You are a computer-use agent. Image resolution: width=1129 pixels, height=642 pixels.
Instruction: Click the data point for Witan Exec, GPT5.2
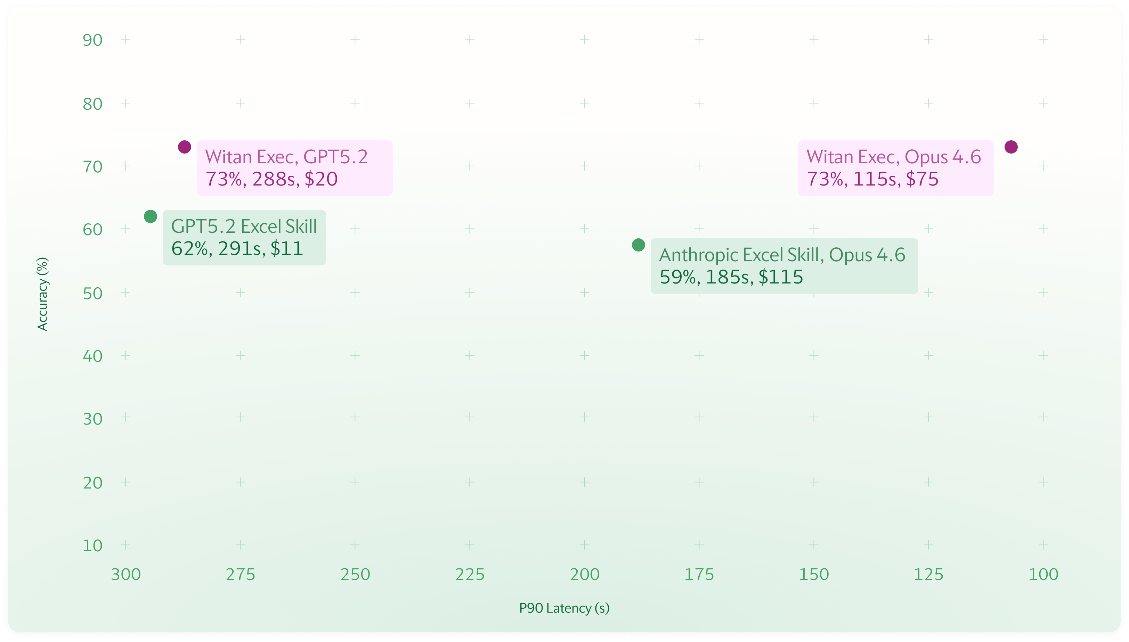[x=185, y=147]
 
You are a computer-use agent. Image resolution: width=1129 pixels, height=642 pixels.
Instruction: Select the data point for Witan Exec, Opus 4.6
[x=1011, y=147]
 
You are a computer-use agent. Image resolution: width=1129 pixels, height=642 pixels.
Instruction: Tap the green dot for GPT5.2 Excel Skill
[x=151, y=216]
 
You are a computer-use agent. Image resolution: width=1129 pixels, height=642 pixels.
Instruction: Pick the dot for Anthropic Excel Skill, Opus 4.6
[x=639, y=245]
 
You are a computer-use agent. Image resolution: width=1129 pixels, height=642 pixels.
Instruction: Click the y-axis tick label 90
[x=93, y=40]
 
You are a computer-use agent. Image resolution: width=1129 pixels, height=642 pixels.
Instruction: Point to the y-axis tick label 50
[x=93, y=294]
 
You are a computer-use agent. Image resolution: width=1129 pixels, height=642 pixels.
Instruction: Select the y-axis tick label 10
[x=93, y=546]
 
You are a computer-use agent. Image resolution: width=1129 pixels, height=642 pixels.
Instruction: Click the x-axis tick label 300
[x=126, y=575]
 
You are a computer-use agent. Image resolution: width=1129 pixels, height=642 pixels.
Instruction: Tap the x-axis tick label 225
[x=470, y=575]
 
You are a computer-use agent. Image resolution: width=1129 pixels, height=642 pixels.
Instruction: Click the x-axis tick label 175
[x=699, y=575]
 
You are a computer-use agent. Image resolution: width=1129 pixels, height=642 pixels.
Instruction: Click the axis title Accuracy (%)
[x=42, y=294]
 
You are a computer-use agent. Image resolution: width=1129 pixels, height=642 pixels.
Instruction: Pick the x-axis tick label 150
[x=814, y=575]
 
